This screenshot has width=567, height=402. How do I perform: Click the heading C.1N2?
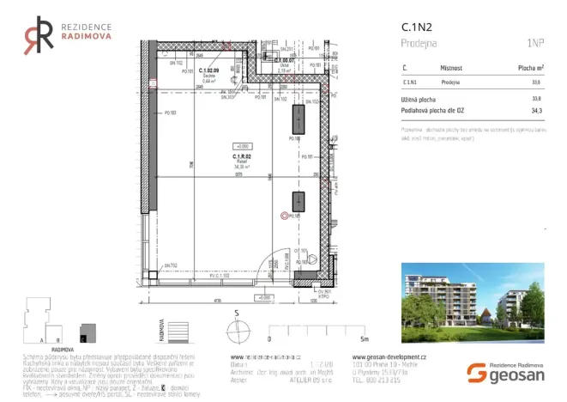pos(415,27)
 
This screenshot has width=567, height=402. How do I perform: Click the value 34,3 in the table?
pos(537,112)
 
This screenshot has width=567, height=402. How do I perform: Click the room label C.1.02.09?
pos(209,70)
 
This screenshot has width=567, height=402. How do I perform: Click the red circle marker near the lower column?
pos(285,216)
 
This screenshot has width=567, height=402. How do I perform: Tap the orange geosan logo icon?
pos(476,372)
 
